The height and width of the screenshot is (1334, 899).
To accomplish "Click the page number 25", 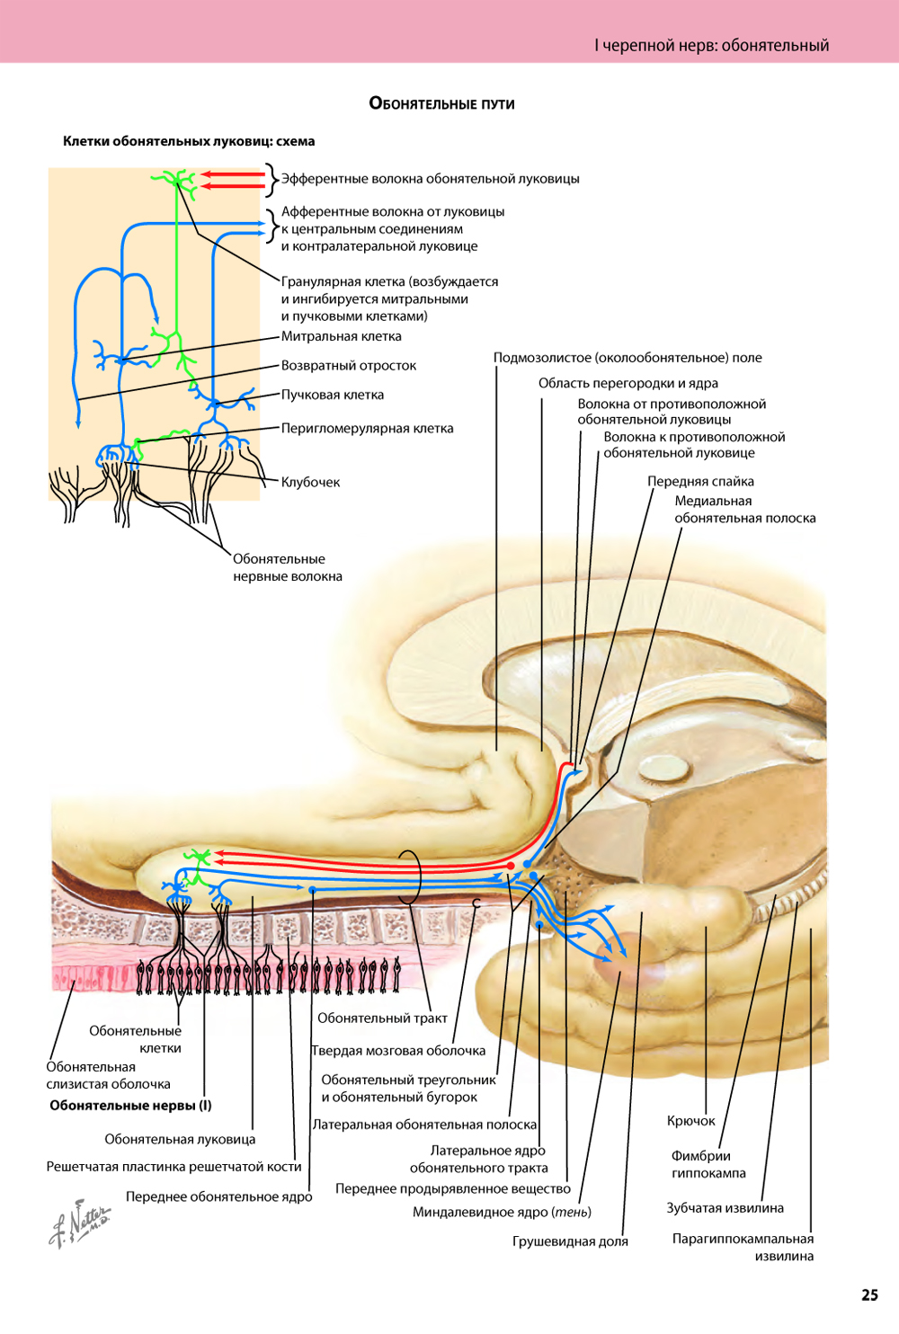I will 869,1294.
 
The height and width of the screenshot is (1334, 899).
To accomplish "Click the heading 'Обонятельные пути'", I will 441,103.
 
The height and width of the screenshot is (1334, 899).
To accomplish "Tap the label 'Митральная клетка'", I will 341,336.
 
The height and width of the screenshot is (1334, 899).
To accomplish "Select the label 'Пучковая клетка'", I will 332,395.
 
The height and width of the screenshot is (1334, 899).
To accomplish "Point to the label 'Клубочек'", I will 310,482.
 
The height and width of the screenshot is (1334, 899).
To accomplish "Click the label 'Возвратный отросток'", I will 348,365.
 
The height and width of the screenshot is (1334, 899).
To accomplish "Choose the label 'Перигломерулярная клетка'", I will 367,428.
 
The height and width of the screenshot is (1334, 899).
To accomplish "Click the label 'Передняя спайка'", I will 700,481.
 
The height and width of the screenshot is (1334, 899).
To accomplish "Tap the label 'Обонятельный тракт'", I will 382,1018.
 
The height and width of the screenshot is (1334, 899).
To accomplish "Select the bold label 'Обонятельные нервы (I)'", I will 130,1105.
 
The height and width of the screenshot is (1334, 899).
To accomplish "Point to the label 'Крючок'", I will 690,1120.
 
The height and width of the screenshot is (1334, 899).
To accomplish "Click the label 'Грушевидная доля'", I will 570,1241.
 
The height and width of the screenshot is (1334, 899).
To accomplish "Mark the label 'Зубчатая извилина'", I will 725,1207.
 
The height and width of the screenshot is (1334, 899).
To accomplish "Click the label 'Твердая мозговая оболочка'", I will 398,1050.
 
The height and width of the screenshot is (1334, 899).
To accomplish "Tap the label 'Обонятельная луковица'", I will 180,1139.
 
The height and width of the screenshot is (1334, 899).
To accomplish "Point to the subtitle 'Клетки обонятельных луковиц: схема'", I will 189,141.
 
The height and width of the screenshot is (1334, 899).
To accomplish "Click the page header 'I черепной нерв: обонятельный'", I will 711,45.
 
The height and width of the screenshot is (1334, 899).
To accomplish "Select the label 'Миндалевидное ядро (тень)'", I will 502,1212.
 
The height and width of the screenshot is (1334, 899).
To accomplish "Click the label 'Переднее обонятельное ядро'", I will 218,1196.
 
